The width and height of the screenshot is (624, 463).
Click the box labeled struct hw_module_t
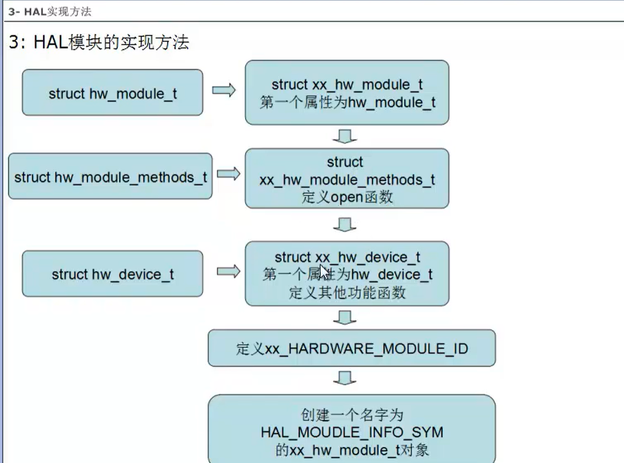[112, 92]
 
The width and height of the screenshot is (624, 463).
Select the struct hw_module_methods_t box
[110, 176]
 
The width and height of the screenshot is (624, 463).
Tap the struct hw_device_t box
[112, 274]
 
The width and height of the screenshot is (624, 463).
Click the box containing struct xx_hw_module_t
[347, 93]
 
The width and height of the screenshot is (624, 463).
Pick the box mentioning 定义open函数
[347, 179]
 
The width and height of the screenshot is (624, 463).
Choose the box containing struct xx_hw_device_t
[347, 274]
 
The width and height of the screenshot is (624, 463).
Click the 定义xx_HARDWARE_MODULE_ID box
[352, 348]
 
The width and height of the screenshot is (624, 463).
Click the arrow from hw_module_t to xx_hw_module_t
[224, 90]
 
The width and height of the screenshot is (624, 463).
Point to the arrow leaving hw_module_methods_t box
[228, 174]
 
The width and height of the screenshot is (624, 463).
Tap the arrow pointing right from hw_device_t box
[228, 272]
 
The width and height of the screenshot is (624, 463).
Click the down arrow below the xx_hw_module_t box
[345, 136]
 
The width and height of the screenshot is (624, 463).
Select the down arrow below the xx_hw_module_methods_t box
[345, 225]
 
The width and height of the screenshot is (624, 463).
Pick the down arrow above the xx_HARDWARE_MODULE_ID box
[345, 318]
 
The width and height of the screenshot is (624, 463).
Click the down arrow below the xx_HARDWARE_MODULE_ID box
[345, 378]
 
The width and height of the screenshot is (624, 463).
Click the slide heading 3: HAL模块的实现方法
[99, 43]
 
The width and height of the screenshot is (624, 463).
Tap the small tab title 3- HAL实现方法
[50, 12]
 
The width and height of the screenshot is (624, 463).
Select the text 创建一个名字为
[352, 415]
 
